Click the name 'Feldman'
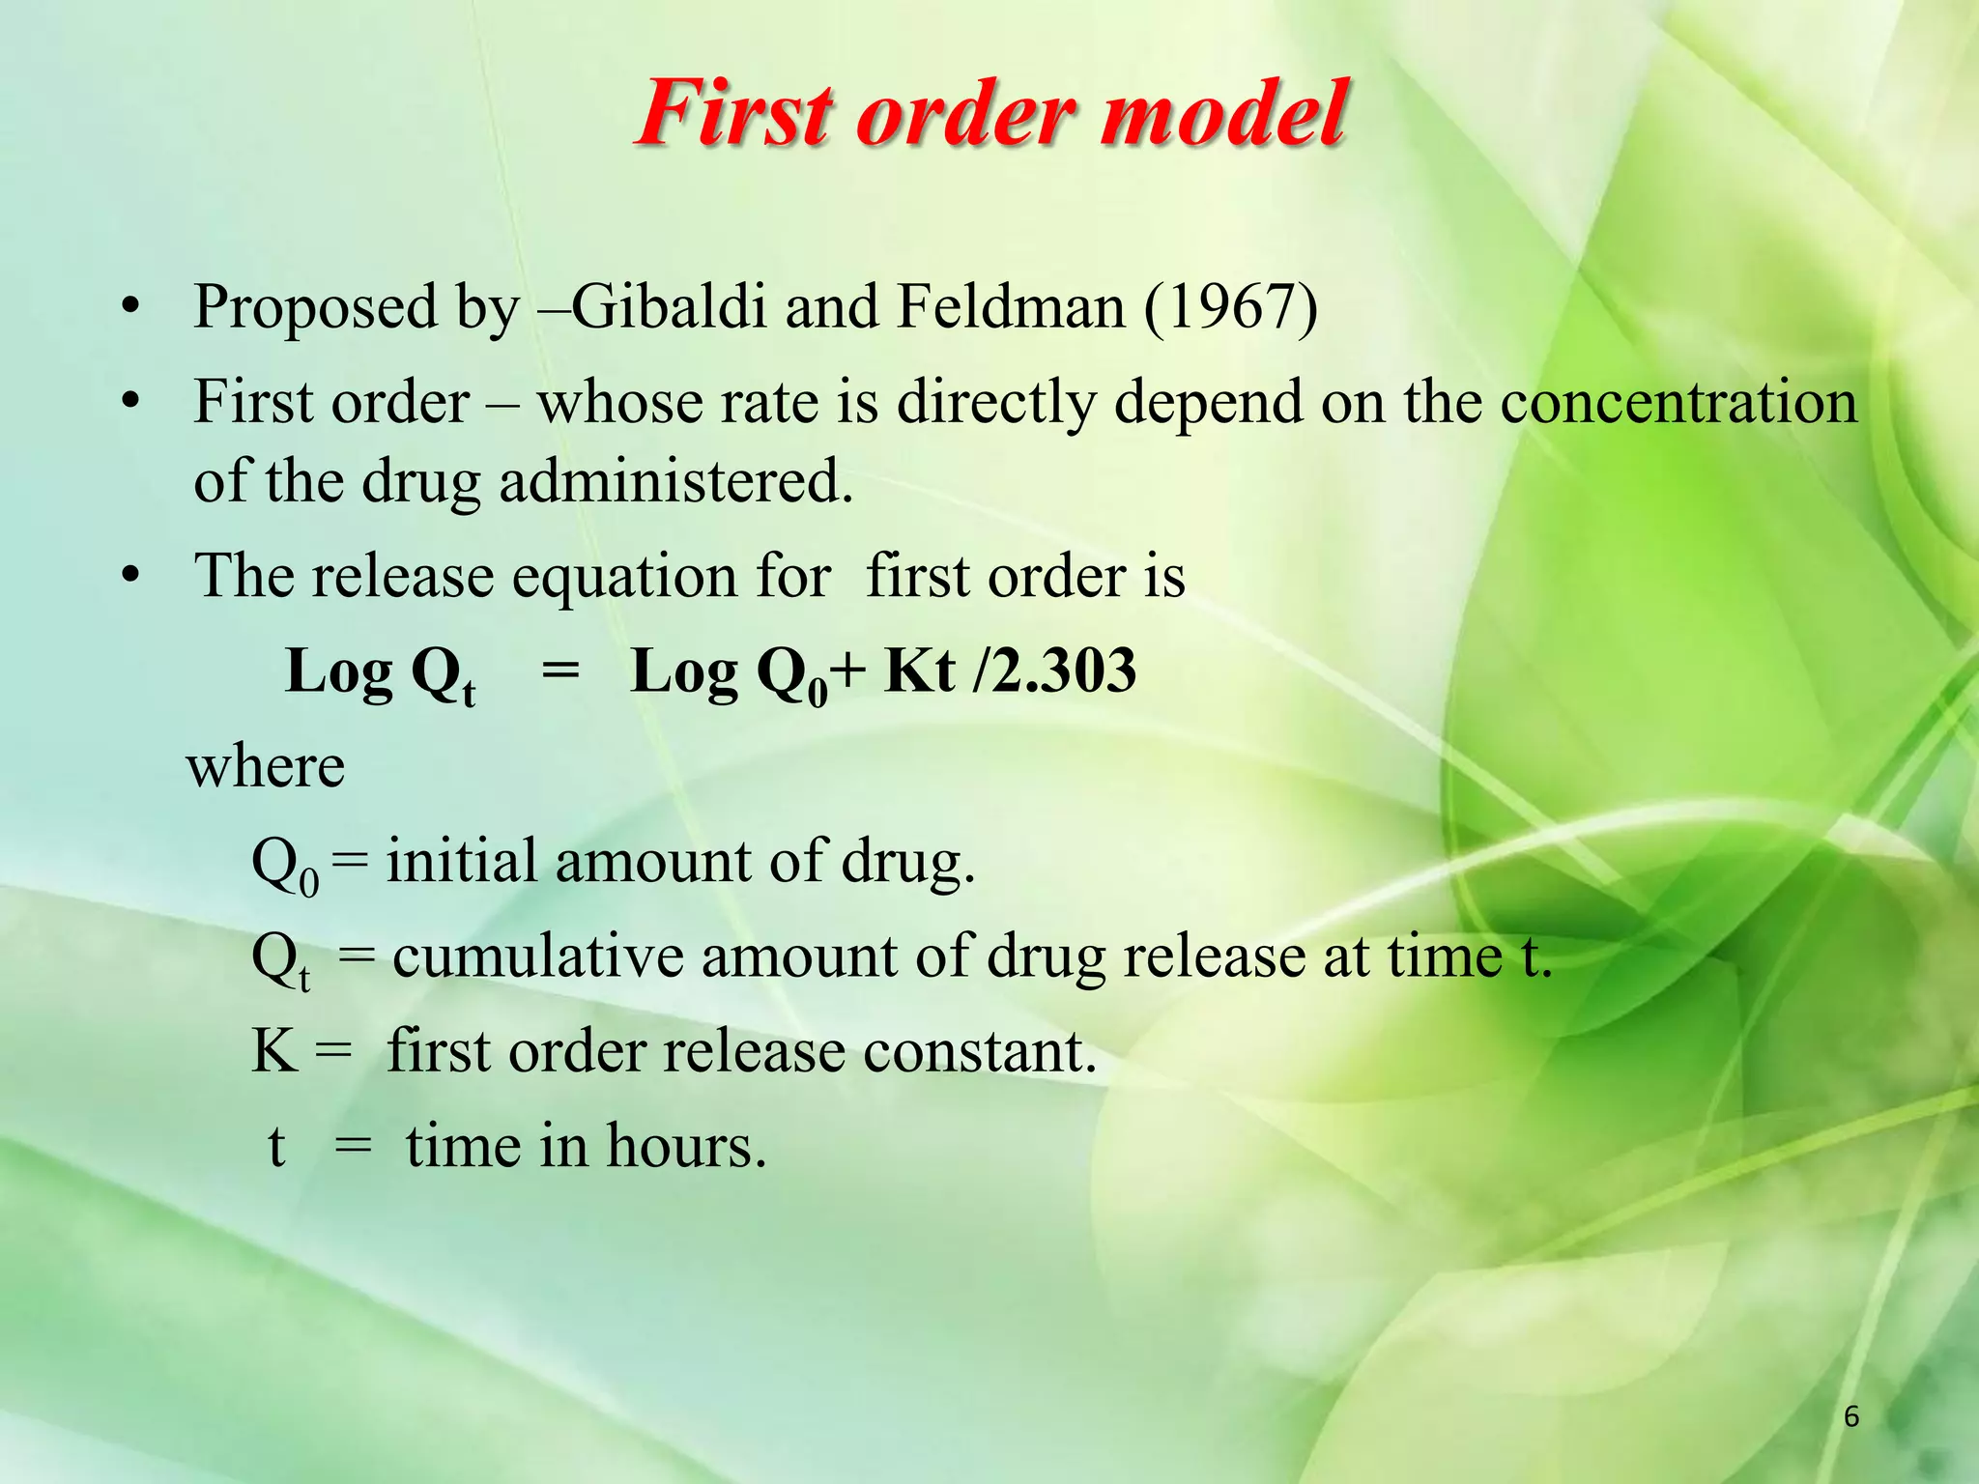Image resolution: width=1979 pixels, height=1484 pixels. pos(1011,307)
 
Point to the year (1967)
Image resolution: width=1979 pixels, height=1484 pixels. pos(1230,307)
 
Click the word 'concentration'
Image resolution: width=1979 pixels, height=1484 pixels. pos(1678,402)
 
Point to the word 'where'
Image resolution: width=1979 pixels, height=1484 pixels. pos(266,767)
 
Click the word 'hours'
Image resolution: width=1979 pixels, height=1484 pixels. pos(686,1147)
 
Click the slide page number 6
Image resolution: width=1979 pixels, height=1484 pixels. pos(1851,1416)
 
